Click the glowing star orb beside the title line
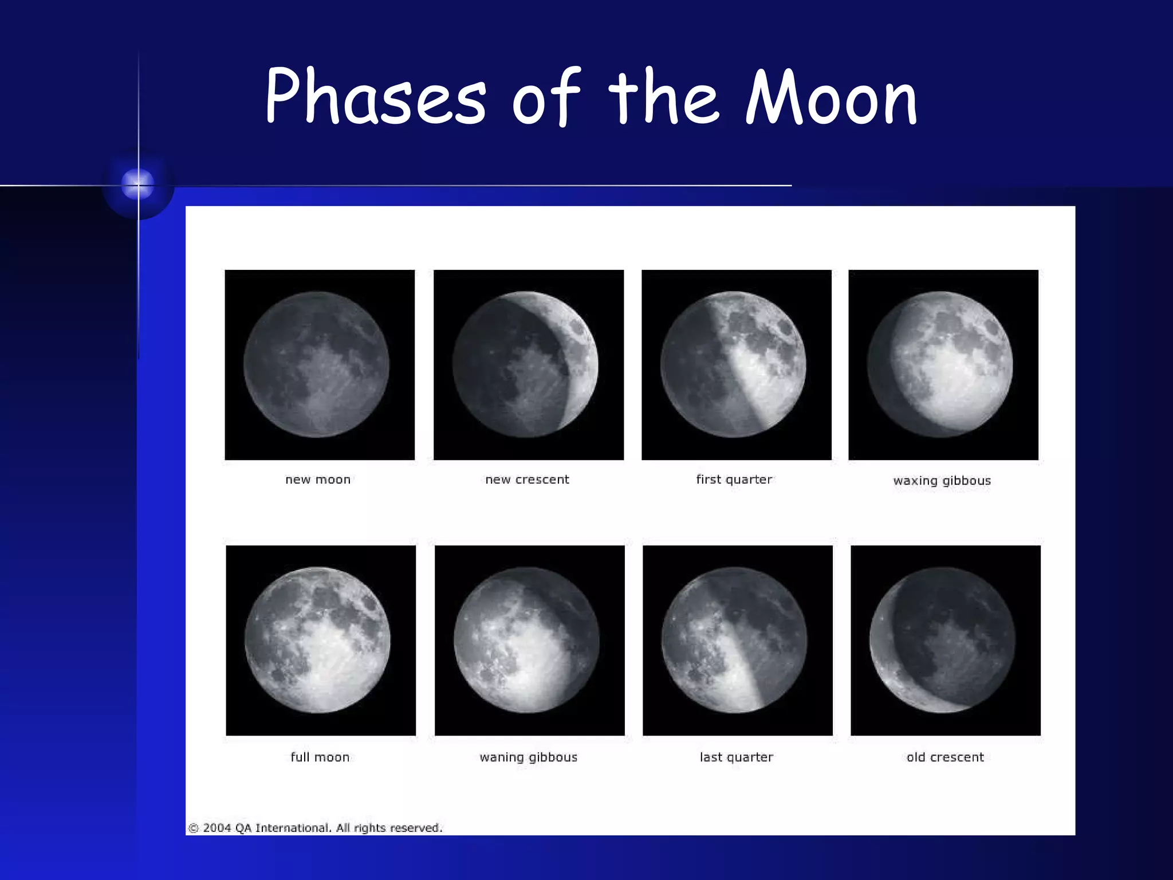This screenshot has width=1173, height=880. point(138,184)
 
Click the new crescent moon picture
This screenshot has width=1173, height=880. point(528,365)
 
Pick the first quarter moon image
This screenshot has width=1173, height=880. point(736,365)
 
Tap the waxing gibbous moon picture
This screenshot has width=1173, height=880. point(943,365)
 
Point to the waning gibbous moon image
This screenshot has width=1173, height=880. point(529,640)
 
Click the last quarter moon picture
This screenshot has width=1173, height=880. point(737,640)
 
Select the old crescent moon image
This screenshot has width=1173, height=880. point(945,640)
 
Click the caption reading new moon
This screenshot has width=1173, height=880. point(318,480)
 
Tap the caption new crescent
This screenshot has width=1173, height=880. point(527,480)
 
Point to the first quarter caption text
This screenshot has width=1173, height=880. point(734,480)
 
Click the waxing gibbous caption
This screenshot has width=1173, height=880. point(942,481)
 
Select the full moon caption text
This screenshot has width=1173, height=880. point(320,757)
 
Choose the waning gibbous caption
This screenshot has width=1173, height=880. point(528,757)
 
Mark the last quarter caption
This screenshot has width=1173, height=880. point(736,757)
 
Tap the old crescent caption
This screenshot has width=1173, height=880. point(945,757)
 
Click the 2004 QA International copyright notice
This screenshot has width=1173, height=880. point(315,827)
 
